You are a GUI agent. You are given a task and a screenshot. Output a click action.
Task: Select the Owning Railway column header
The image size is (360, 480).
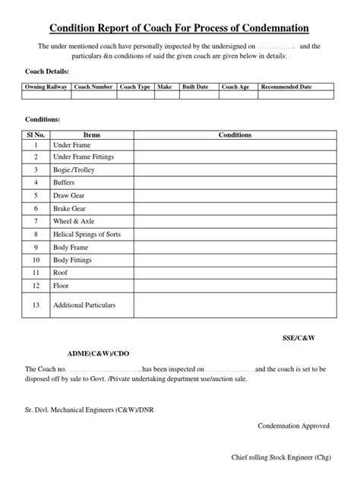click(47, 87)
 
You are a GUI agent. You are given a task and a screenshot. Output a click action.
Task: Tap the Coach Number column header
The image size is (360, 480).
click(94, 87)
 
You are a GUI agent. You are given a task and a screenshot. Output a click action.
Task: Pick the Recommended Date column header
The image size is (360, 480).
click(286, 87)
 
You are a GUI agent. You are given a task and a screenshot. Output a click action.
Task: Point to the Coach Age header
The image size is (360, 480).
click(235, 87)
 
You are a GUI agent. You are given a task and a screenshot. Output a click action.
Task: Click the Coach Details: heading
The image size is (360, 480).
click(46, 71)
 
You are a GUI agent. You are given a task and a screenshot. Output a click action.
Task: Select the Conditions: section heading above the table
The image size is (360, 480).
click(42, 120)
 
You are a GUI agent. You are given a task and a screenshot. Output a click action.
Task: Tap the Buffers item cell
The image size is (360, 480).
click(64, 182)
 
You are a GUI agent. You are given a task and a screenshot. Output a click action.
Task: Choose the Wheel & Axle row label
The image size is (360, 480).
click(74, 221)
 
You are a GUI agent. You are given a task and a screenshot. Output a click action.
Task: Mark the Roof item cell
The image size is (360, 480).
click(60, 273)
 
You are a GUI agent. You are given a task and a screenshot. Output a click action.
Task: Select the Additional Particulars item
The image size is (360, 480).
click(84, 305)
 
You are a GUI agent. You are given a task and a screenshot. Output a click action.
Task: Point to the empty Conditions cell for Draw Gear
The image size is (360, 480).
click(235, 195)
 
